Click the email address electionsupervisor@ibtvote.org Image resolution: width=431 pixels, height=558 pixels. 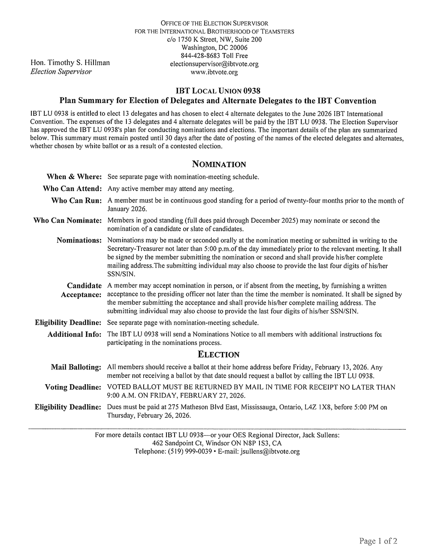214,64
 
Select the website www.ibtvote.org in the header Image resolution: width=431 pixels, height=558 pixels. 214,72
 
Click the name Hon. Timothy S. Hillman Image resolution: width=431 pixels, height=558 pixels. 70,63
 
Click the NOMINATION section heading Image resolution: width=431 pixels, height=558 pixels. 219,164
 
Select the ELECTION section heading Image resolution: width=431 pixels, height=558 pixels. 219,354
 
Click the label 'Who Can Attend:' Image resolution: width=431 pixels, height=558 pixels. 72,188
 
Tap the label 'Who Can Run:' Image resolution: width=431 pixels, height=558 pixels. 76,200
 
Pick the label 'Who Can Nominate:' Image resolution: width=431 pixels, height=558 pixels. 68,220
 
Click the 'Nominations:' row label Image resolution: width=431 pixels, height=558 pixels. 79,240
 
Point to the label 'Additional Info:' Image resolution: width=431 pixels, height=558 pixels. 74,334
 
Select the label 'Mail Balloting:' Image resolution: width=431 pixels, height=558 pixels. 76,367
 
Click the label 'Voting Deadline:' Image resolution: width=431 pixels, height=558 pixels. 73,387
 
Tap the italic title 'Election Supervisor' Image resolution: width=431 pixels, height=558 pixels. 61,71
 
